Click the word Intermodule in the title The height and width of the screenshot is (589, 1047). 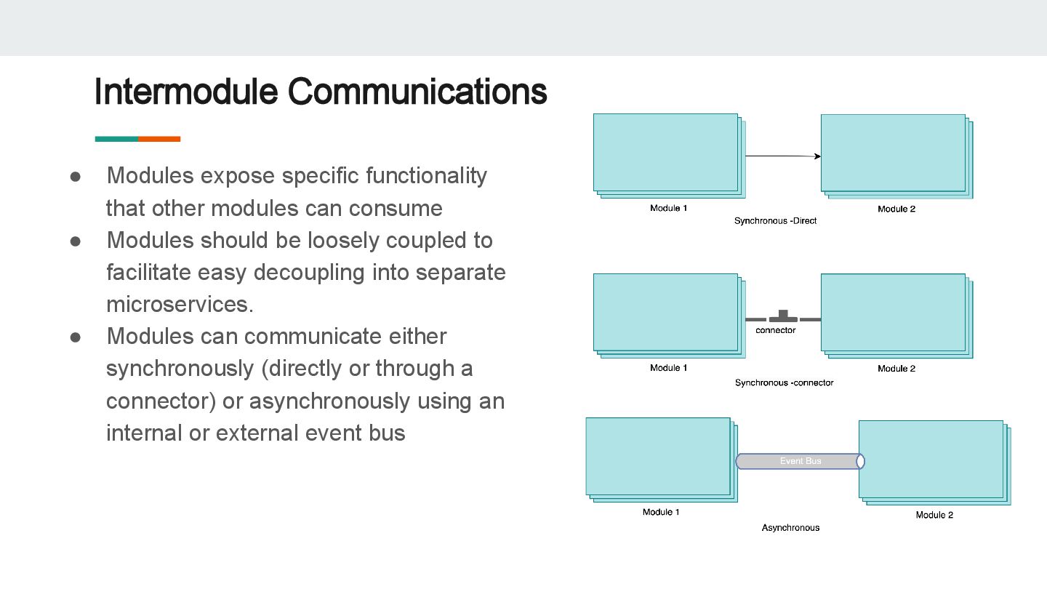(186, 92)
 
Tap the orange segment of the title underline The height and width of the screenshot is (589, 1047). (159, 139)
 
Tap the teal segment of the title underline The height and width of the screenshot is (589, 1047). (116, 139)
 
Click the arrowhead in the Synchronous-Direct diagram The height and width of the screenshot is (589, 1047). (817, 156)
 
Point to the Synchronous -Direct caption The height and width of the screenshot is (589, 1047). (775, 220)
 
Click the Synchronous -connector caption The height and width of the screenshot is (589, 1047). (784, 382)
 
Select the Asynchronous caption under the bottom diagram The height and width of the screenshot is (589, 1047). (790, 528)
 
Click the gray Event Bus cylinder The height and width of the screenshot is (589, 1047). (800, 461)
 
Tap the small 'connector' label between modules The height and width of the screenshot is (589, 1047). (776, 330)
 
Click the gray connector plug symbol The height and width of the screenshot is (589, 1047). (783, 317)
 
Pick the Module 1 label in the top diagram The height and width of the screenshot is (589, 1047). (668, 209)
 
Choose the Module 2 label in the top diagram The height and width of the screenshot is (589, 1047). (896, 209)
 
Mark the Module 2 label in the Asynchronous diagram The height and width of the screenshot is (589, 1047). (934, 515)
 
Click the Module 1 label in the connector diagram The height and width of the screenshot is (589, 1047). (668, 368)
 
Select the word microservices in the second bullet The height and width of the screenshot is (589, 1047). (179, 305)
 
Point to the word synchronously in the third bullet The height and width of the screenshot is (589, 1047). (180, 369)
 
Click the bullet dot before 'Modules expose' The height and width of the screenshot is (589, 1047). (75, 176)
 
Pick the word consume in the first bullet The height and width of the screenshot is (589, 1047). (396, 209)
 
